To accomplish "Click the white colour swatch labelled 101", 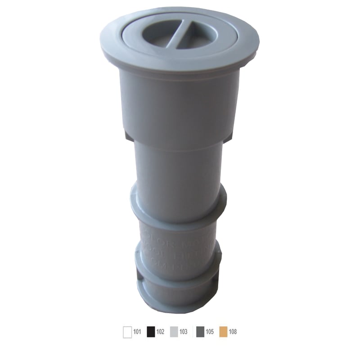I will point(127,332).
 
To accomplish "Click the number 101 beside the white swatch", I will point(137,332).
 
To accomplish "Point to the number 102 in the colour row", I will point(160,332).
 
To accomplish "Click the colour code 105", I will point(209,332).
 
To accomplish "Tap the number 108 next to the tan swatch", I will point(232,332).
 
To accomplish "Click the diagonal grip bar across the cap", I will point(179,33).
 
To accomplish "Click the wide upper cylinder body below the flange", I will point(179,103).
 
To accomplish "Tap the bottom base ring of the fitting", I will point(179,299).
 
